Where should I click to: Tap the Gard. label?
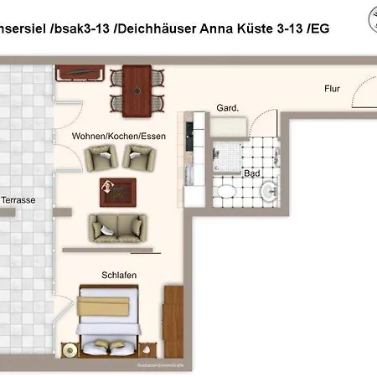(x=228, y=108)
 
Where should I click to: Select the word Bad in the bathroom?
(x=251, y=173)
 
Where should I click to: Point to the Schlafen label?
(x=119, y=275)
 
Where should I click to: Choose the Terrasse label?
(x=18, y=201)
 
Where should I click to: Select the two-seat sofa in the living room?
(x=117, y=226)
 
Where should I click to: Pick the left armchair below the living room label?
(x=99, y=157)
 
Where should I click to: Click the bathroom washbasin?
(x=269, y=194)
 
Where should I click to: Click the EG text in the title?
(x=319, y=28)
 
